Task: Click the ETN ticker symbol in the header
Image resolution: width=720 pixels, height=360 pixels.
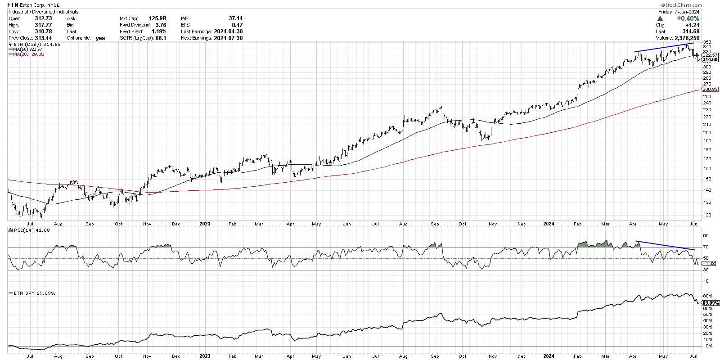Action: click(x=13, y=5)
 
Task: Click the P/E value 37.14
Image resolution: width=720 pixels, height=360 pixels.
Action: click(x=235, y=18)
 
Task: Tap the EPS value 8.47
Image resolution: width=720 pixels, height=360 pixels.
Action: click(x=238, y=25)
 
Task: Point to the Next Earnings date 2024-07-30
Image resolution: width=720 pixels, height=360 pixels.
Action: click(x=228, y=38)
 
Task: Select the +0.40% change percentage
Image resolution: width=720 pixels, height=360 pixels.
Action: click(x=688, y=18)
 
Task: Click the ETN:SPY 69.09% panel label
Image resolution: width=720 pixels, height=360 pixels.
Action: click(x=32, y=293)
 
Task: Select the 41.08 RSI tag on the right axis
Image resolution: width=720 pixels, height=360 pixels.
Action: click(x=708, y=263)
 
